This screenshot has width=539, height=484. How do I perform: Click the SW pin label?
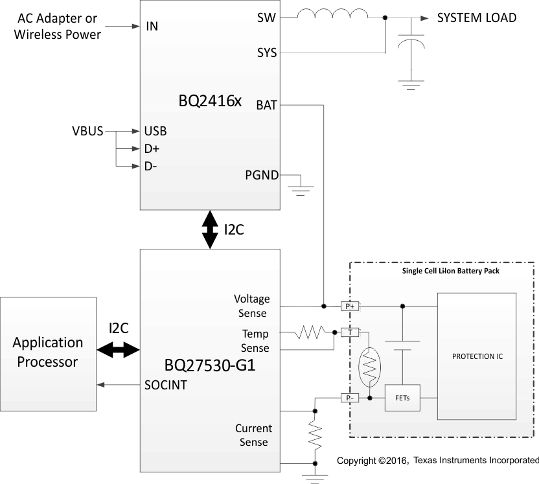click(x=266, y=18)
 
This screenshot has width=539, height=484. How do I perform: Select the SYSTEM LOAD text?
click(x=477, y=18)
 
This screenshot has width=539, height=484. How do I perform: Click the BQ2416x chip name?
click(x=210, y=102)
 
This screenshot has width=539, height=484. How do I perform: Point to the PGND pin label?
click(x=262, y=175)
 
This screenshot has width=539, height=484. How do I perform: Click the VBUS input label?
click(x=87, y=132)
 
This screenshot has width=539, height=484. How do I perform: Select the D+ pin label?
click(x=152, y=149)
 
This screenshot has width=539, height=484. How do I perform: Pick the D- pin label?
click(x=151, y=167)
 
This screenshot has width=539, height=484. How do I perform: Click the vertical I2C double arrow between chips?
click(x=211, y=229)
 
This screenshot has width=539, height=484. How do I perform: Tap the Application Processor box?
click(x=48, y=352)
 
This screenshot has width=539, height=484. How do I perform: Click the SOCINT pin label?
click(x=166, y=385)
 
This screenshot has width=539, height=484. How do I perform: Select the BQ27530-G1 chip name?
click(x=210, y=365)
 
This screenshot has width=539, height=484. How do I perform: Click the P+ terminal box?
click(x=350, y=306)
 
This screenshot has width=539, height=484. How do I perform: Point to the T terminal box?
click(x=350, y=332)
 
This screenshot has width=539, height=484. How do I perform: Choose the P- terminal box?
click(x=350, y=398)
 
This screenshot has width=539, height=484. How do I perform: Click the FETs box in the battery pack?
click(x=402, y=398)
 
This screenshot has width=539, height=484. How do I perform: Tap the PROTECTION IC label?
click(x=477, y=356)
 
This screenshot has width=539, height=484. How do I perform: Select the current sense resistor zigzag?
click(x=315, y=437)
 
